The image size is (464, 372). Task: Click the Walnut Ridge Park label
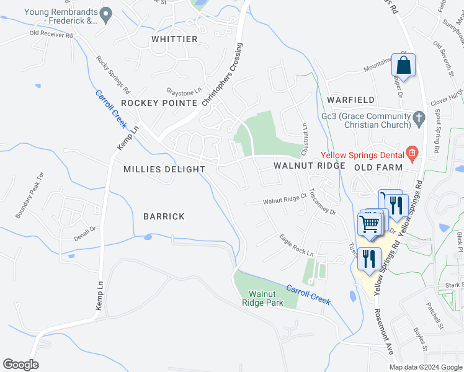pos(265,298)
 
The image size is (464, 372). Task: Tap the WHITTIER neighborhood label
pos(174,39)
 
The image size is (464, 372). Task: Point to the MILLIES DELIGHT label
pos(164,169)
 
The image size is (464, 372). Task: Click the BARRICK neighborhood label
pos(164,216)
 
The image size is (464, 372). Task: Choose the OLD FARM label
pos(379,167)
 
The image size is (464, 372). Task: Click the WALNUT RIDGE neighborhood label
pos(310,166)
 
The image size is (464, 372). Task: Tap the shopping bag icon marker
pos(404,66)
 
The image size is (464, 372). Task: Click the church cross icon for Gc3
pos(419,117)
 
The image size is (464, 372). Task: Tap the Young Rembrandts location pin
pos(106,13)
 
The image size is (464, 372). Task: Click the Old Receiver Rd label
pos(51,34)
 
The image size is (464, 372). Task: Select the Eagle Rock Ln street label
pos(296,246)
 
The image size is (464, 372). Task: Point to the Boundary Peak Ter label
pos(30,195)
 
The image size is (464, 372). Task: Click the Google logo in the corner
pos(21,365)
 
